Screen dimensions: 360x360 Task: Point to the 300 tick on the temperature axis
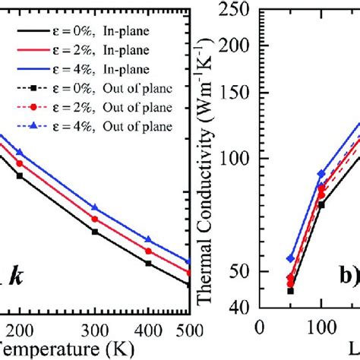[x=95, y=329]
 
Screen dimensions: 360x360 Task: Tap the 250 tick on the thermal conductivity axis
[x=238, y=11]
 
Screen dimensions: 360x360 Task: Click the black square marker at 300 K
[x=95, y=232]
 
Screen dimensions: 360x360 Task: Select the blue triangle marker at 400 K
[x=148, y=239]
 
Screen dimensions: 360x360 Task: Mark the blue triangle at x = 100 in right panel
[x=321, y=173]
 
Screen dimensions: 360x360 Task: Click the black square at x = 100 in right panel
[x=321, y=204]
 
